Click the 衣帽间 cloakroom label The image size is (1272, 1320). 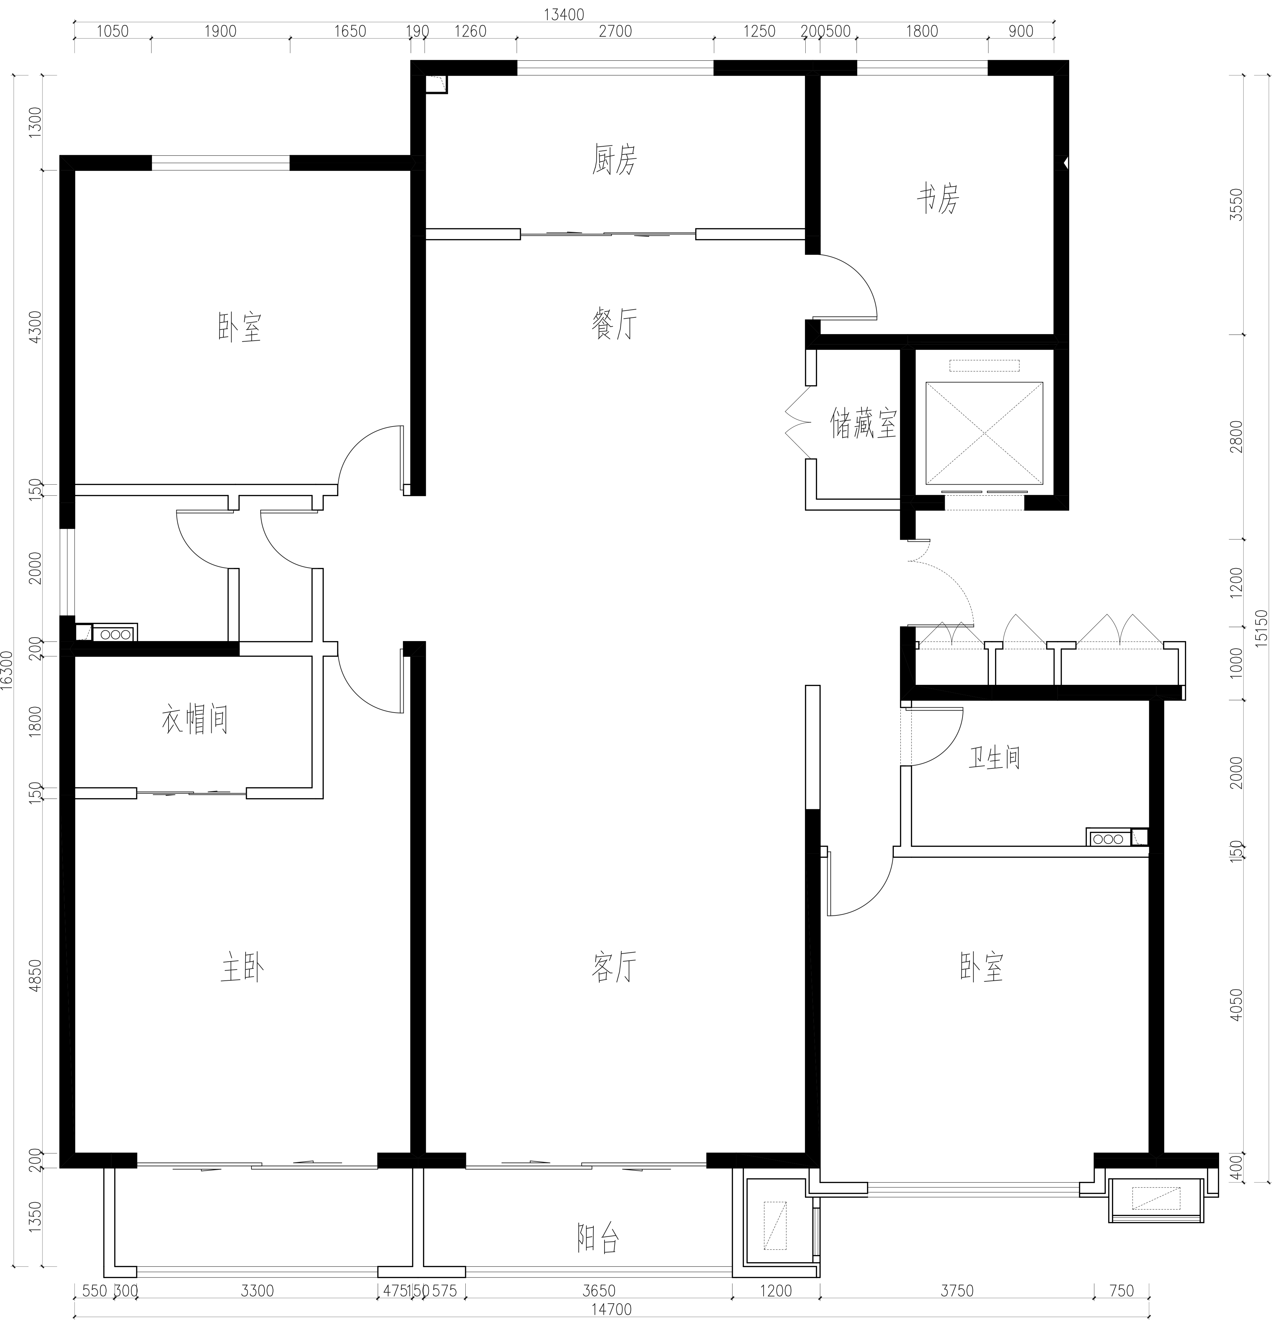pyautogui.click(x=195, y=719)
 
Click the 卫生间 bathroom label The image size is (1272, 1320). pyautogui.click(x=994, y=758)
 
